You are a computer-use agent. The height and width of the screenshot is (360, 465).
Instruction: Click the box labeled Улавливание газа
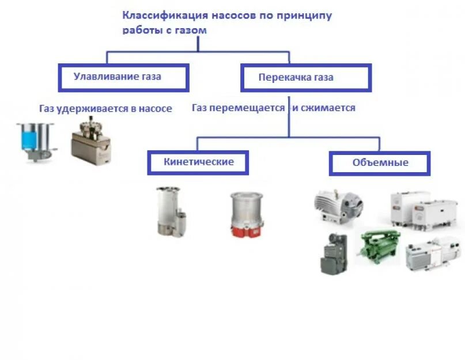point(123,77)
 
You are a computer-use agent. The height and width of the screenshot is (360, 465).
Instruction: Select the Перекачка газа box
point(305,77)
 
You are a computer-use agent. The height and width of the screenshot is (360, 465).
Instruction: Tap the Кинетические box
point(198,162)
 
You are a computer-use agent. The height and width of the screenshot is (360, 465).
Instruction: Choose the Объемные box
point(380,163)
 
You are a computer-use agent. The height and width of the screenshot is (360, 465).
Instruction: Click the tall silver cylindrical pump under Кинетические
point(169,211)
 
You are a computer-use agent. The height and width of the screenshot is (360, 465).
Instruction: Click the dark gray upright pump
point(334,253)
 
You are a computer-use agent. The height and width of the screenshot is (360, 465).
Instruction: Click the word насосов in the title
point(234,16)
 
